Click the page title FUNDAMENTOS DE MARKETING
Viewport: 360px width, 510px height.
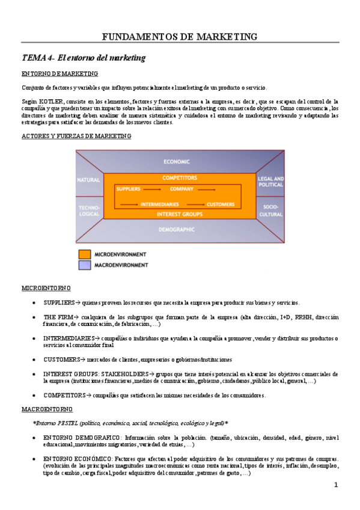click(x=180, y=37)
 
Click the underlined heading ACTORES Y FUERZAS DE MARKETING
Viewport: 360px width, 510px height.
click(x=76, y=137)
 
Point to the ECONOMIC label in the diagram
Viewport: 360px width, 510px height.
click(x=180, y=162)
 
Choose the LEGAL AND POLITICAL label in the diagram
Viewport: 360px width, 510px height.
click(x=270, y=182)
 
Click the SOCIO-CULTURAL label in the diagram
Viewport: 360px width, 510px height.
click(x=270, y=210)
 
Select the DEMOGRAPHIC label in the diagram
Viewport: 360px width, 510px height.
click(x=180, y=229)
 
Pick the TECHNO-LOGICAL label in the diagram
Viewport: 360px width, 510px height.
click(x=89, y=210)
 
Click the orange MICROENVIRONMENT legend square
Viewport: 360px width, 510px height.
click(x=84, y=254)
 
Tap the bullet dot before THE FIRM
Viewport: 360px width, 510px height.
click(x=35, y=318)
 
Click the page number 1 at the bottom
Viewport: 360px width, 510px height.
click(x=336, y=485)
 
